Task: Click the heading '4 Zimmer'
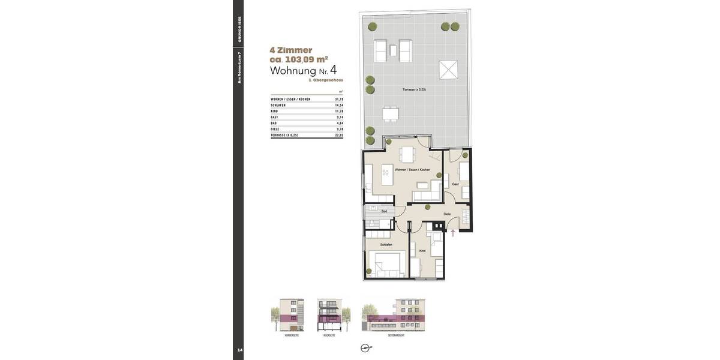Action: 291,50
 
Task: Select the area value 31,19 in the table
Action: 339,99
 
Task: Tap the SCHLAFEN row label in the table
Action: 278,105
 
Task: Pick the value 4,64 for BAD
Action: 340,123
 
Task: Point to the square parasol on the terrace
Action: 448,70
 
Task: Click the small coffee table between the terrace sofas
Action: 393,50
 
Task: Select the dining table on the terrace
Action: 391,113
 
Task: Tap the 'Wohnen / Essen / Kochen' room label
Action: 412,170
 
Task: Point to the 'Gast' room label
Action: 455,184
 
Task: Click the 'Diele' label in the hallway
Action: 447,214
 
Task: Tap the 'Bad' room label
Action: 384,211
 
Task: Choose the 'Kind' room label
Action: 422,251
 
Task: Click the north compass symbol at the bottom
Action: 365,348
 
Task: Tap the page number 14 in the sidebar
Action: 239,350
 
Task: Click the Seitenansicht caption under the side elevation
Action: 395,335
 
